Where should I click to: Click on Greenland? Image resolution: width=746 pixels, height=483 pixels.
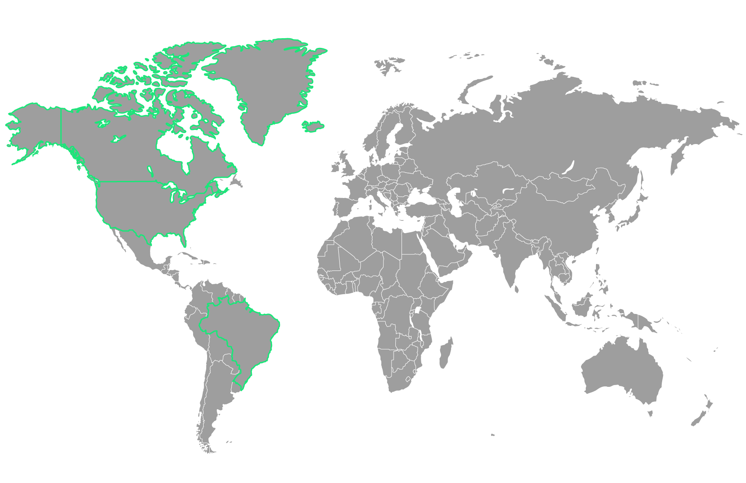pos(263,83)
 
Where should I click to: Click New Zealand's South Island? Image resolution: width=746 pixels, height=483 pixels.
pos(698,417)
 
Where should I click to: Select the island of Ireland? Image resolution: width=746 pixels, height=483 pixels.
pos(336,167)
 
